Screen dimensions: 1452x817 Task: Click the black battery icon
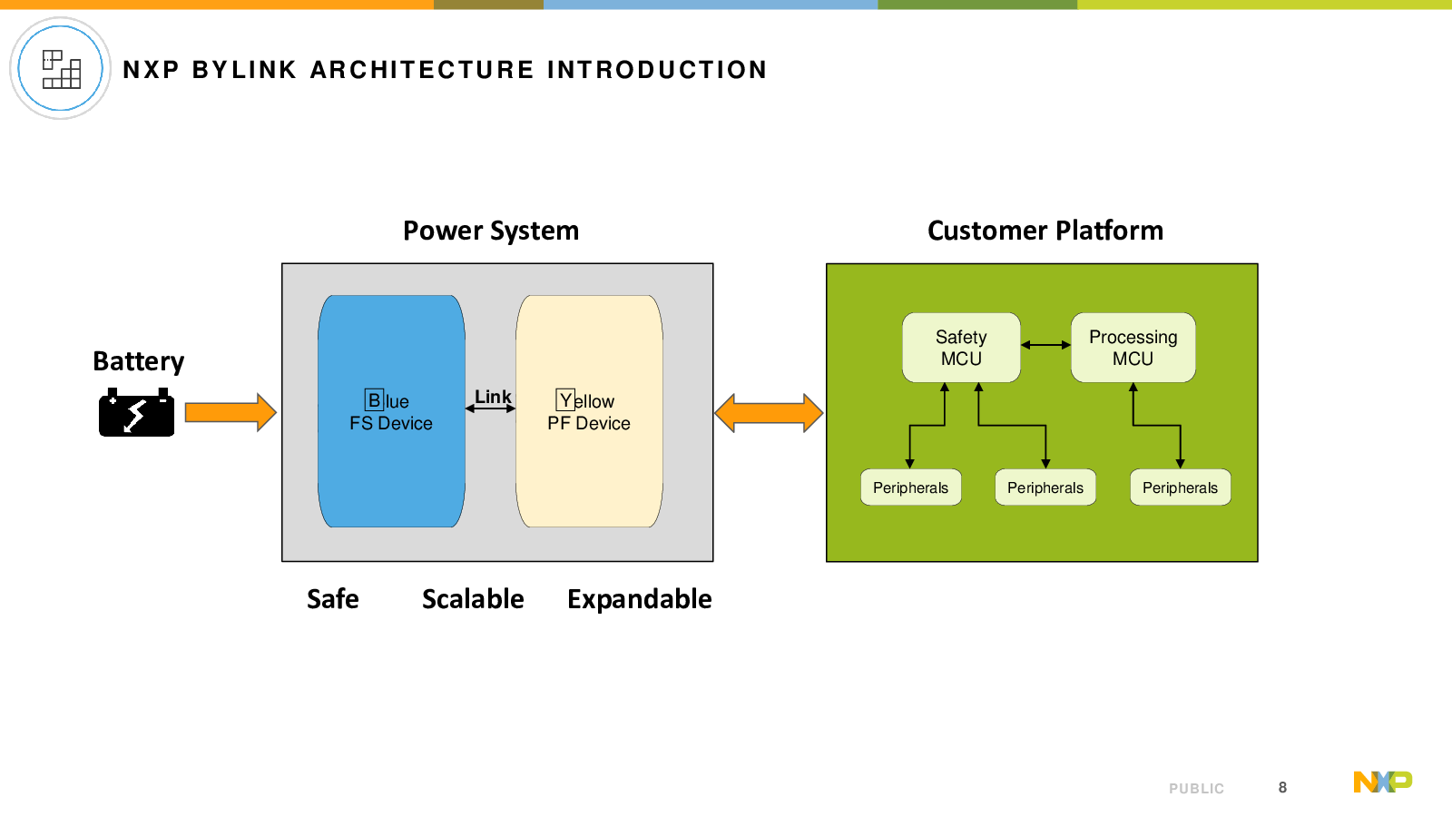point(136,412)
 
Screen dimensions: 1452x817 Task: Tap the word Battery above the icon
point(138,361)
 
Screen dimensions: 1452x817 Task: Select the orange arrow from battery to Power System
point(231,412)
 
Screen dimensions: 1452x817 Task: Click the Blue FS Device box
point(391,411)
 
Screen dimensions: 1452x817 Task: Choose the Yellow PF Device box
point(589,411)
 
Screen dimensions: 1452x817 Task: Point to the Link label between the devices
point(493,396)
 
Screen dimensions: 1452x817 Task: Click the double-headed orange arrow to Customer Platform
point(769,413)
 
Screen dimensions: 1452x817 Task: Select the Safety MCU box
point(961,348)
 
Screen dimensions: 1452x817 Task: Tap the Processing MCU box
point(1133,348)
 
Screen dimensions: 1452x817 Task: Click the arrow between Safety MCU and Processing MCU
point(1045,345)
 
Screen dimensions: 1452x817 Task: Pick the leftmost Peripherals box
point(911,487)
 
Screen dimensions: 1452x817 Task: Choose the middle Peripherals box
point(1045,487)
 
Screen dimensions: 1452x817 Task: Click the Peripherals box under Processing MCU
point(1181,487)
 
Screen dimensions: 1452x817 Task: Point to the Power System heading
point(491,231)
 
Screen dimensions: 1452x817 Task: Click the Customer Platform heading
point(1045,231)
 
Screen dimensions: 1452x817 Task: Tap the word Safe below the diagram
point(332,599)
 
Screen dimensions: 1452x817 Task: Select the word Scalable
point(473,599)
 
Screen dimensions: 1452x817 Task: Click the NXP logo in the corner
point(1383,782)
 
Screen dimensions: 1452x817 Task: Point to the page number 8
point(1282,787)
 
